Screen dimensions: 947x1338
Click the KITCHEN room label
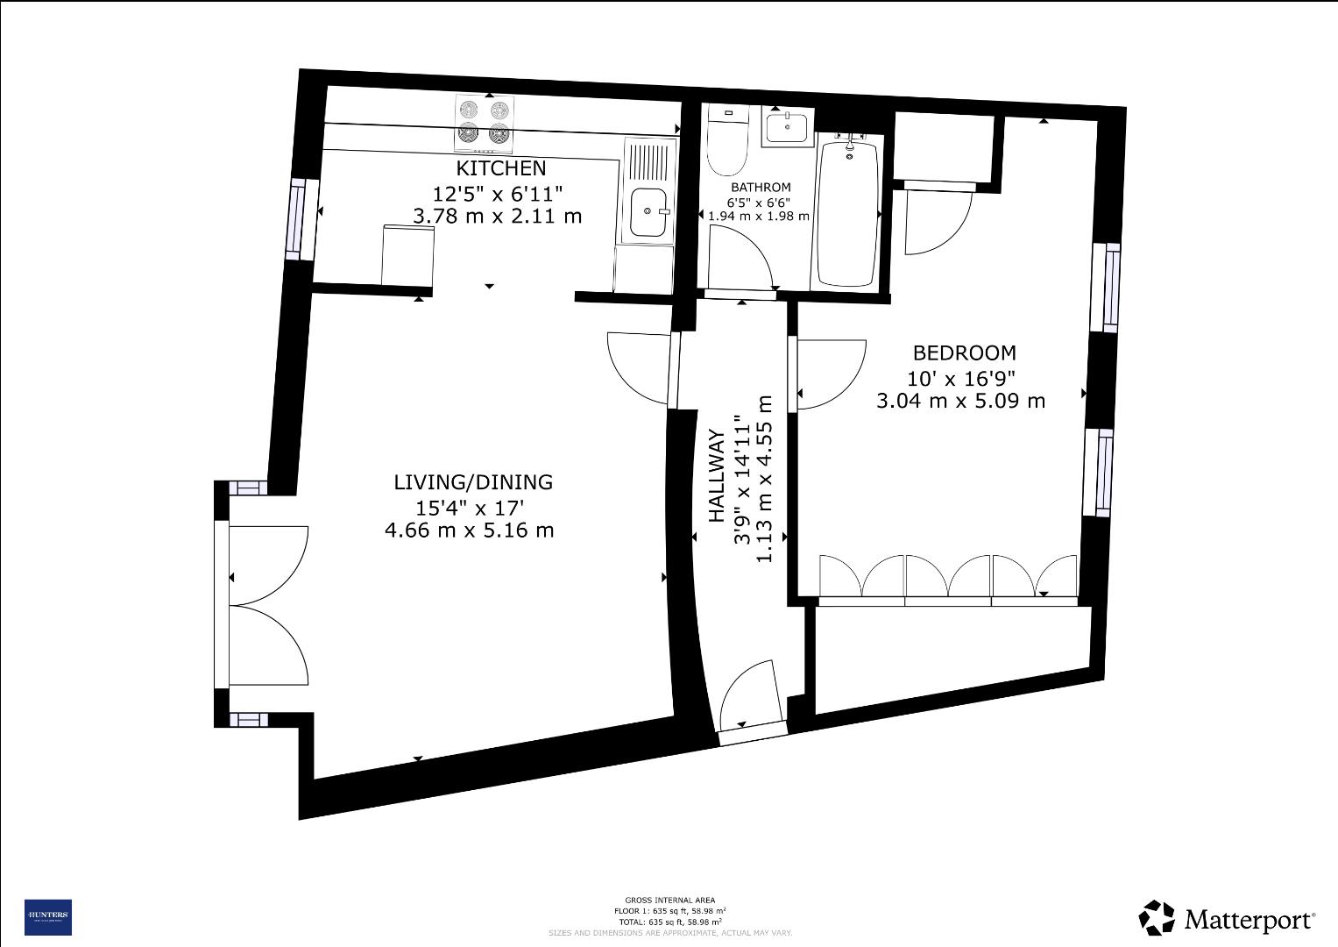(x=500, y=168)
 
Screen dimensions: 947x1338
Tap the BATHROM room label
(x=761, y=188)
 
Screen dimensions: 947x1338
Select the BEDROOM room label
(x=964, y=352)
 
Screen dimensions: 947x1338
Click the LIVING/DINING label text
(x=473, y=481)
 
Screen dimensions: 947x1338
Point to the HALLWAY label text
(x=716, y=476)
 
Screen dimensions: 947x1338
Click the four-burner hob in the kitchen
(x=484, y=123)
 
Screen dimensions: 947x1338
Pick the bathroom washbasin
(x=787, y=127)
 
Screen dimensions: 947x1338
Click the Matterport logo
(x=1227, y=918)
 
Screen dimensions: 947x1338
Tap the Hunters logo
(x=47, y=917)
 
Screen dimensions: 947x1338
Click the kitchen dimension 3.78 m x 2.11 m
(x=497, y=216)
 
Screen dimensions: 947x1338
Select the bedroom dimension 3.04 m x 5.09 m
(x=960, y=401)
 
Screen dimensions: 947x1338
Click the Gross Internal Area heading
(x=669, y=900)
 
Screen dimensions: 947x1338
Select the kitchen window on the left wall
(x=297, y=219)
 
